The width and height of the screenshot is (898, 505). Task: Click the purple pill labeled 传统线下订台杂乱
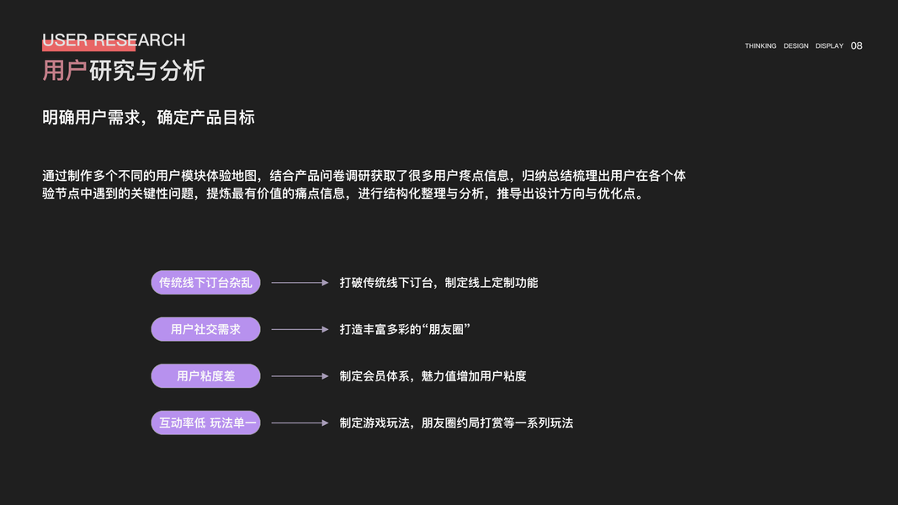[205, 283]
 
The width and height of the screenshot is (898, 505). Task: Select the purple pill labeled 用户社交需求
[205, 329]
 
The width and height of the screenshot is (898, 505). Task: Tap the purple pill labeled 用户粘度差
[205, 376]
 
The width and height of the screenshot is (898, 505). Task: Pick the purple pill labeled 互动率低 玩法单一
[205, 423]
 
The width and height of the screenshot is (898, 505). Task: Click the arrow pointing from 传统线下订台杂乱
[300, 283]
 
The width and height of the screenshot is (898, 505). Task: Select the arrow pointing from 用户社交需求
[300, 329]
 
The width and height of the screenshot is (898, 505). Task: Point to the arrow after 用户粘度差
[300, 376]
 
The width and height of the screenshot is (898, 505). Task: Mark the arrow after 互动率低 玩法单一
[300, 423]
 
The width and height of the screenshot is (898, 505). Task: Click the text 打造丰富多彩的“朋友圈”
[405, 329]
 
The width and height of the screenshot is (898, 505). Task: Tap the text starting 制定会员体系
[433, 376]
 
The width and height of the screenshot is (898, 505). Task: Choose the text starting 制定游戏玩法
[456, 423]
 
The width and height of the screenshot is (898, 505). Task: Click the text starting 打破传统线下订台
[438, 283]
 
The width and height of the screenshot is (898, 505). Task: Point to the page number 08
[857, 46]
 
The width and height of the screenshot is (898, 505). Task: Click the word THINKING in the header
[760, 46]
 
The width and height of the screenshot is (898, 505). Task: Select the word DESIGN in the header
[795, 46]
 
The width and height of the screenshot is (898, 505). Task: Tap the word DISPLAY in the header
[829, 46]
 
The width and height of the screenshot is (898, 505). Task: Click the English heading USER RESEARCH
[114, 40]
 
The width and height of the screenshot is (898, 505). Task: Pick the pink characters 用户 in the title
[65, 71]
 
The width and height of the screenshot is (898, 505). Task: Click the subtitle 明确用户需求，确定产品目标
[148, 118]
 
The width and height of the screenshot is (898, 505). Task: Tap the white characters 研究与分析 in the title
[146, 71]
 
